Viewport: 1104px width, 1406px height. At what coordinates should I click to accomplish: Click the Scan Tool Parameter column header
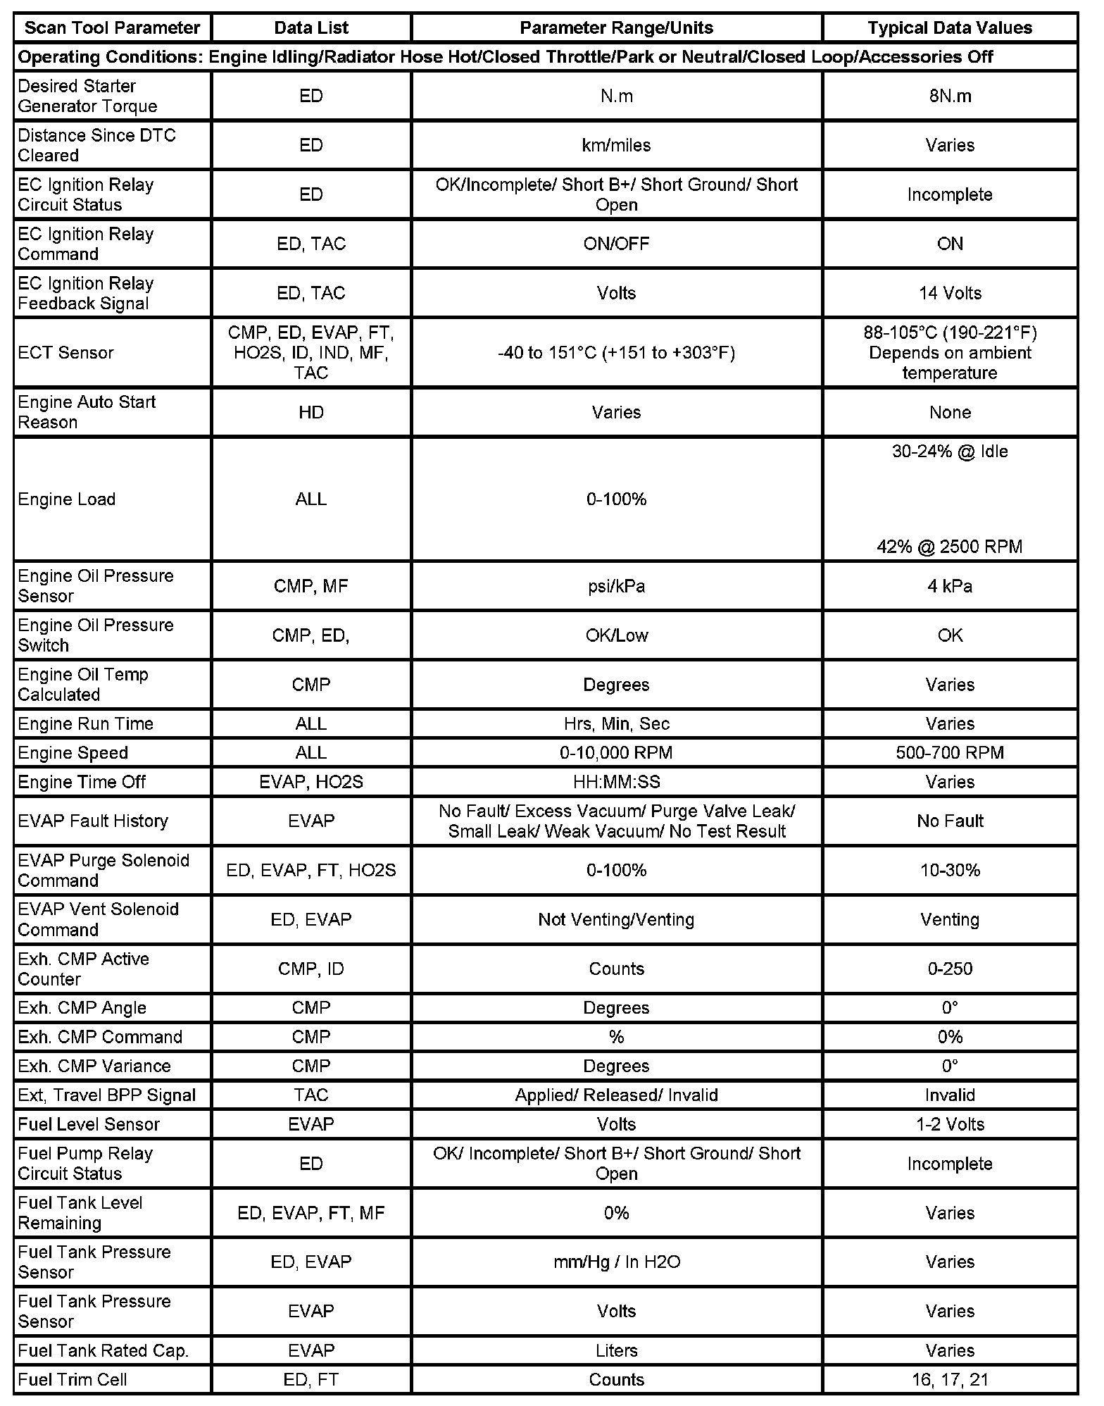point(113,28)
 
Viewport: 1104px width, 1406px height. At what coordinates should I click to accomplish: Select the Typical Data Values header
point(949,28)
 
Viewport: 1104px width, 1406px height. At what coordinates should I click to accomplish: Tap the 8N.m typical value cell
point(950,97)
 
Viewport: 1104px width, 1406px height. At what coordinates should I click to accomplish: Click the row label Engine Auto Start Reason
point(87,412)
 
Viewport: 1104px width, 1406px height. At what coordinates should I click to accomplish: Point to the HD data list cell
point(310,412)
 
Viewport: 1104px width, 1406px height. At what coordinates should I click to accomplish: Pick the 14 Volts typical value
point(950,293)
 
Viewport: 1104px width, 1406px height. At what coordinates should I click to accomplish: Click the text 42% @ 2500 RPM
point(949,547)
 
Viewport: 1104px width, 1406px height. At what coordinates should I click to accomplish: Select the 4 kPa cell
point(950,586)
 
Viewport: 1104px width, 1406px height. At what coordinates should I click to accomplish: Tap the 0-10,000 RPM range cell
point(616,753)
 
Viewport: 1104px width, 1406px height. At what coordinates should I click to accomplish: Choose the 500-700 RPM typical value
point(950,753)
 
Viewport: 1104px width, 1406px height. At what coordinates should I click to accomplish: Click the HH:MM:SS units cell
point(616,782)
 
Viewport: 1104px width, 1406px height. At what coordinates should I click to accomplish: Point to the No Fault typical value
point(950,821)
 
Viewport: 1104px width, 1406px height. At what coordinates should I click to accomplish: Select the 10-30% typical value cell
point(950,870)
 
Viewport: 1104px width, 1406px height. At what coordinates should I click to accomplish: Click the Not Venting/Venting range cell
point(616,919)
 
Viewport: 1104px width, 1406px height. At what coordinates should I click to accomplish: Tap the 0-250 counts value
point(950,969)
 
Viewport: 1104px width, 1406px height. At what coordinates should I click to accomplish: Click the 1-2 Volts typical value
point(950,1124)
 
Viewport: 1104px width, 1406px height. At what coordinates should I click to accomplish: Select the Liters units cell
point(616,1350)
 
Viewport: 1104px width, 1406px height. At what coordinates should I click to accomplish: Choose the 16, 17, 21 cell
point(950,1379)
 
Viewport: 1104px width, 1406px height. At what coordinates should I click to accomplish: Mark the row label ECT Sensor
point(65,352)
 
